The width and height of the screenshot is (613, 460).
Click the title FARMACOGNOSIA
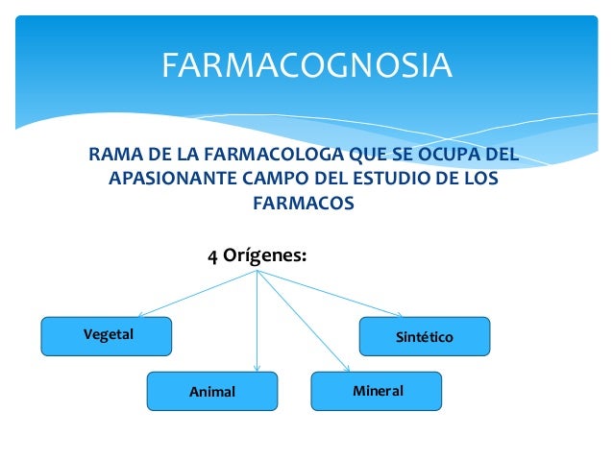[x=306, y=65]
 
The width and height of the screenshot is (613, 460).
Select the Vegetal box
[x=106, y=335]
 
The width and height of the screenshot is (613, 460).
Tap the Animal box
[x=211, y=391]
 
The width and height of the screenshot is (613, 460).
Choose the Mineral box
[x=377, y=391]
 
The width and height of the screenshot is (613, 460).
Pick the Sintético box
[x=424, y=337]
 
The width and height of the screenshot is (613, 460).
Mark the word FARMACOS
[x=303, y=204]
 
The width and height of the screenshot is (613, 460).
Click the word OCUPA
[x=446, y=155]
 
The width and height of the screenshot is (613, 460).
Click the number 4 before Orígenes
[x=213, y=256]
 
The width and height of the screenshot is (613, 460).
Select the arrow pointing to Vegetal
[x=192, y=294]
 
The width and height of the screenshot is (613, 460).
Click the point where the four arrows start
[x=257, y=271]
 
